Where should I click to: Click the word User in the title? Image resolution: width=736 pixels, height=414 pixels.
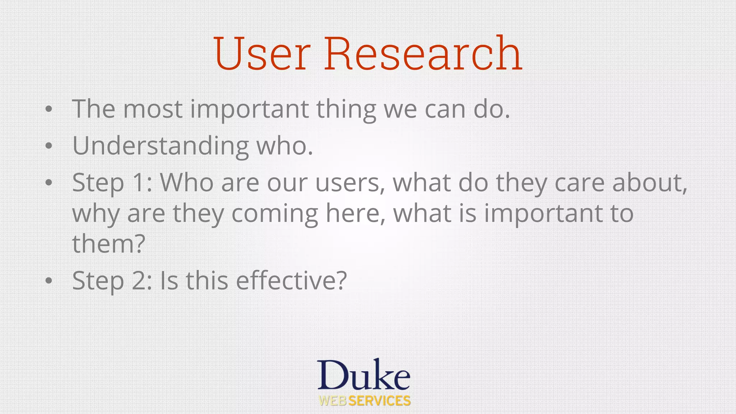click(262, 54)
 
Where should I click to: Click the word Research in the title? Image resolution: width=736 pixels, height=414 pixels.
click(423, 54)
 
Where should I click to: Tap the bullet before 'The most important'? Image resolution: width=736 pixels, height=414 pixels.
click(49, 109)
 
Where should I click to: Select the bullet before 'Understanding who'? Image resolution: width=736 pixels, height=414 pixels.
click(49, 146)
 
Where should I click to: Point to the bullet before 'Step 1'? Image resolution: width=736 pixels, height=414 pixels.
click(49, 183)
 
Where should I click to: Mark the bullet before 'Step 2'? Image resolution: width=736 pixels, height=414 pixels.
click(49, 281)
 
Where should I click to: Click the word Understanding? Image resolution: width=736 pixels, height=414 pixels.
click(160, 146)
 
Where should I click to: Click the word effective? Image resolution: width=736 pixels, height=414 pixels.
click(291, 281)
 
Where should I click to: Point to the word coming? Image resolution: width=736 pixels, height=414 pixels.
click(275, 214)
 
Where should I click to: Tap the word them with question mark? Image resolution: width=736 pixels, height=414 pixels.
click(109, 244)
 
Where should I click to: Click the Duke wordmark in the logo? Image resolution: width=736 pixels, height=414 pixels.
click(363, 376)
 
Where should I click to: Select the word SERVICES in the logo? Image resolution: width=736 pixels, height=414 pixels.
click(379, 401)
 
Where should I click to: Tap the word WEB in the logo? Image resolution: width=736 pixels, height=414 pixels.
click(333, 401)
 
